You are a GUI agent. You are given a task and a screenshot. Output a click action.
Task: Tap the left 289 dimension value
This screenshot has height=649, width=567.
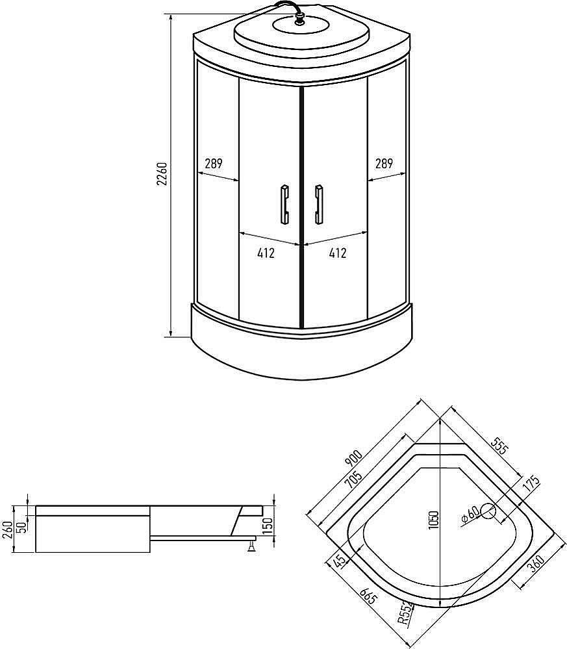[x=214, y=164]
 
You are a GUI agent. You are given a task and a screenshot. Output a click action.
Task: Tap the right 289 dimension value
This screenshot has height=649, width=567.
[x=384, y=164]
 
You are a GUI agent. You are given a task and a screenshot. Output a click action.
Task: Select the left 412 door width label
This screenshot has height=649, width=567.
[x=266, y=253]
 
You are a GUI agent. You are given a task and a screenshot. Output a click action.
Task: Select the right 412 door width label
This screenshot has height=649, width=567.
[x=337, y=253]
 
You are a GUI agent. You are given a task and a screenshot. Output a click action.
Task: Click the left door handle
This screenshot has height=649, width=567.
[x=284, y=205]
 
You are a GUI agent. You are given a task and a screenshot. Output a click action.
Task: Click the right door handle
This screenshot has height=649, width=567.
[x=318, y=205]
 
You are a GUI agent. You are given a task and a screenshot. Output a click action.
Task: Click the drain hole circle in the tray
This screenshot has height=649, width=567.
[x=488, y=513]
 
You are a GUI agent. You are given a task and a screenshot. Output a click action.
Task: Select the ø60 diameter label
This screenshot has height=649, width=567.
[x=470, y=515]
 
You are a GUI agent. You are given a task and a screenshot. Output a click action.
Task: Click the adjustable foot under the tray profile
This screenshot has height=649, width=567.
[x=250, y=547]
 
